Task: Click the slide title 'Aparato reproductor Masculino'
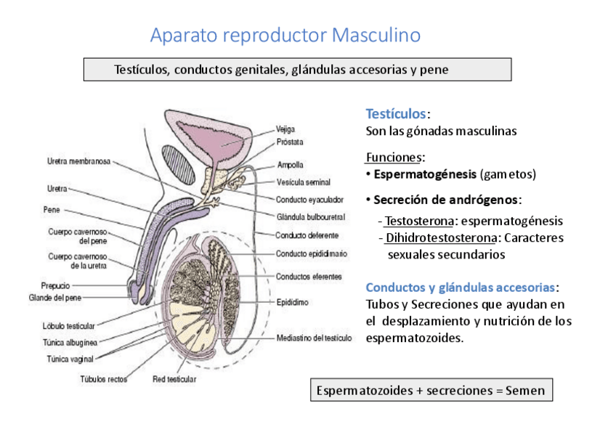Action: point(285,35)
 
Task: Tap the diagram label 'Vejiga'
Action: point(285,130)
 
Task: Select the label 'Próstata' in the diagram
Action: point(290,142)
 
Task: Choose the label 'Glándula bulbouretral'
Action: point(310,216)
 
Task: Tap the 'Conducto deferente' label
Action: point(307,235)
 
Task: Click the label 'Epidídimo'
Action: point(293,302)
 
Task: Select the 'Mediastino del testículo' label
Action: point(314,338)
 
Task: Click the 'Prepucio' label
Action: point(55,286)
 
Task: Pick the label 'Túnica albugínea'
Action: point(70,341)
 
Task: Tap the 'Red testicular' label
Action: point(174,378)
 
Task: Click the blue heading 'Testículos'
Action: point(396,114)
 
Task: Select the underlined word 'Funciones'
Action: point(394,158)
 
